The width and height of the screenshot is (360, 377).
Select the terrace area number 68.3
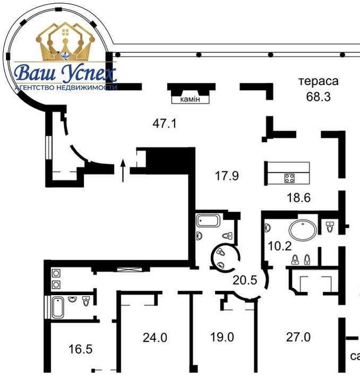coord(318,97)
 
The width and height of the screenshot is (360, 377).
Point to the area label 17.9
coord(226,176)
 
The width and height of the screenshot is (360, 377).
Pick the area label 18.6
coord(299,198)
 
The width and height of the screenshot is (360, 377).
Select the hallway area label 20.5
coord(245,281)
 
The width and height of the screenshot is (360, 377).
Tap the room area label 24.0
coord(155,338)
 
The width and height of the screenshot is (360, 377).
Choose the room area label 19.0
coord(222,338)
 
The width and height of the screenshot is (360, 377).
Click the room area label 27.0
coord(299,338)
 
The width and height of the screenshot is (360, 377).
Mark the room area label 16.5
coord(81,349)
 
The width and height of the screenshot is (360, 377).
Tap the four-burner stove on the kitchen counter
coord(289,178)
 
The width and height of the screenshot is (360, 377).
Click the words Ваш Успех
coord(65,73)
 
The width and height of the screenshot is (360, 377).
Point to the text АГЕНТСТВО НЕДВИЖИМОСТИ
coord(66,87)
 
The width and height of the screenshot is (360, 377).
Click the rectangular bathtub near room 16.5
coord(58,307)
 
